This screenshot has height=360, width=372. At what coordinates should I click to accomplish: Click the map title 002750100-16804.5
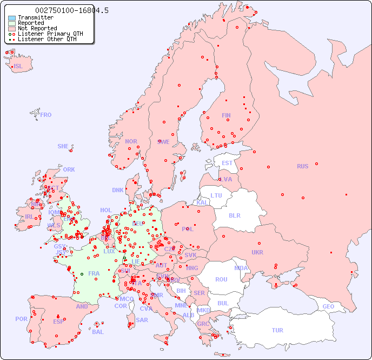[72, 10]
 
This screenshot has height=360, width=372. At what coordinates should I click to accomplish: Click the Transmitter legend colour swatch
[12, 17]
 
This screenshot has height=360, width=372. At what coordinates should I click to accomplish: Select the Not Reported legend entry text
[37, 28]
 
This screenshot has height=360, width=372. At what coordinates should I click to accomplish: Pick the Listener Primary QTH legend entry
[50, 34]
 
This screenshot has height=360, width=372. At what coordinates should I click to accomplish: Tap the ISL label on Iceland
[18, 67]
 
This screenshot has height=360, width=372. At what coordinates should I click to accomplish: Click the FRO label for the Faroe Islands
[46, 115]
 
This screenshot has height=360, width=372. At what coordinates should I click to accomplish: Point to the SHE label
[63, 146]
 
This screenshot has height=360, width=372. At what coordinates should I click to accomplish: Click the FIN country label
[226, 115]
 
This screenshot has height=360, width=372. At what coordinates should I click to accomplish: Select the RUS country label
[302, 166]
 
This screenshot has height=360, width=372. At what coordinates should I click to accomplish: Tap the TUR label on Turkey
[277, 330]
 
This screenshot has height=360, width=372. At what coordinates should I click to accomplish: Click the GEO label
[328, 306]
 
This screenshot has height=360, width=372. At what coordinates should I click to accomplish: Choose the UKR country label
[257, 252]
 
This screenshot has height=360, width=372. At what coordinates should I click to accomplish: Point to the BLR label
[234, 215]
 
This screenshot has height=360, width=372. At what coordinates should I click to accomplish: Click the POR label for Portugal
[21, 319]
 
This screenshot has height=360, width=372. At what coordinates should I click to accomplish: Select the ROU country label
[221, 279]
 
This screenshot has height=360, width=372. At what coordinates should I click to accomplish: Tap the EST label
[227, 163]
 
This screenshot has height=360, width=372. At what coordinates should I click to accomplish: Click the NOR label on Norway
[131, 141]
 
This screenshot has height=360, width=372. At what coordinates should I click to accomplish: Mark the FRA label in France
[94, 273]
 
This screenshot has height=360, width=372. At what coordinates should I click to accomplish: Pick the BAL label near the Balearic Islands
[97, 332]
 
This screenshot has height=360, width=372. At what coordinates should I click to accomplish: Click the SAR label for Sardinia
[142, 320]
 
